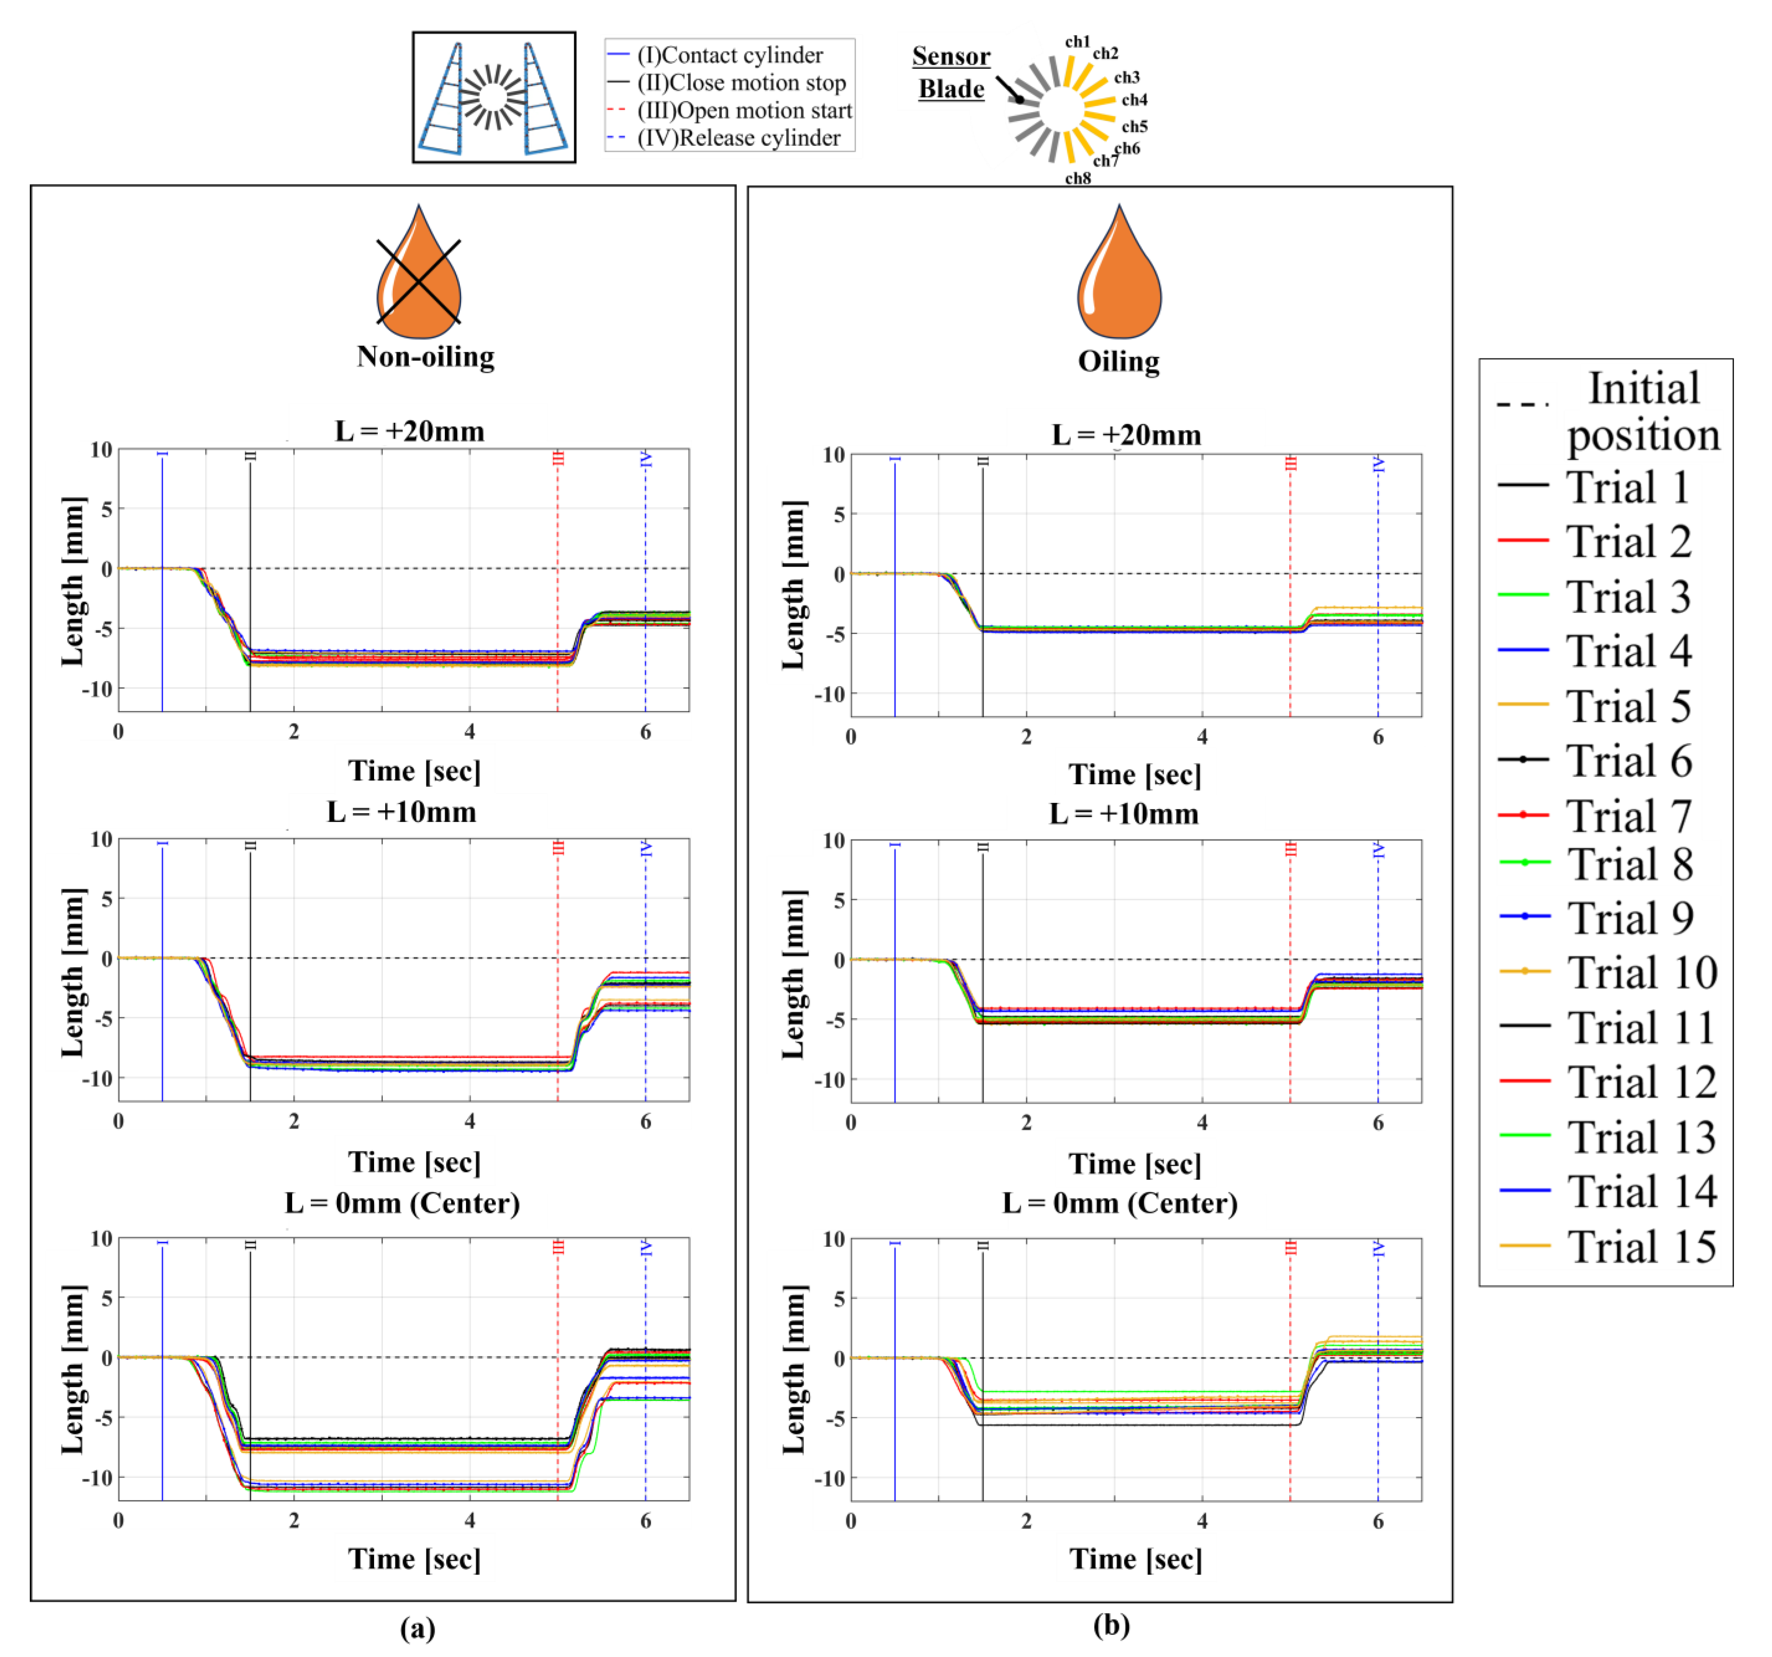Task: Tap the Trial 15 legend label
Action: tap(1640, 1246)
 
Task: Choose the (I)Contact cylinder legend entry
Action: tap(729, 55)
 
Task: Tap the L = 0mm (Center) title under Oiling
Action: tap(1119, 1203)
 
